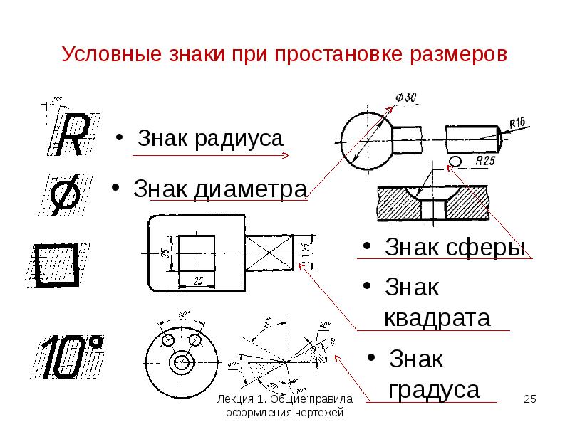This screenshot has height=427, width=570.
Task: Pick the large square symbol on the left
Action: pos(57,265)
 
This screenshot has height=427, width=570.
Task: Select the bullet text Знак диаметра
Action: pos(219,190)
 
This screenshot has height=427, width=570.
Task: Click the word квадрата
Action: pos(437,317)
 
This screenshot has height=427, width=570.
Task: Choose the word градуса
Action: pos(433,390)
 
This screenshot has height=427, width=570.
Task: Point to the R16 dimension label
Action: pos(517,123)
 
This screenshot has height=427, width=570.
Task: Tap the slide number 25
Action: pos(529,399)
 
